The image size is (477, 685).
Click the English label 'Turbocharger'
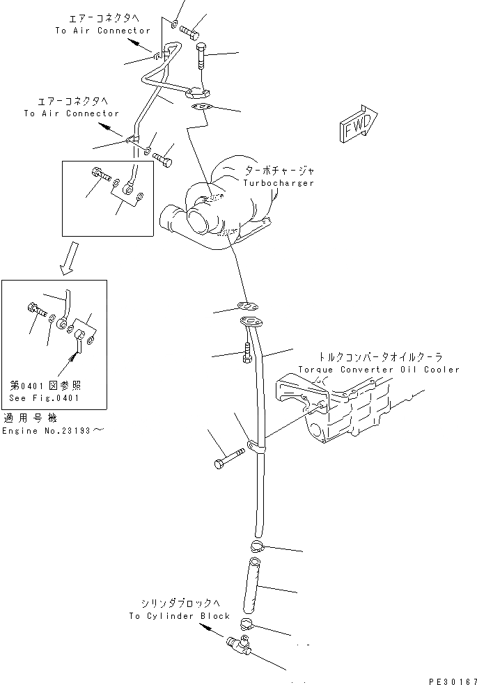coord(279,183)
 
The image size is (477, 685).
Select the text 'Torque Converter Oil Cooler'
coord(379,369)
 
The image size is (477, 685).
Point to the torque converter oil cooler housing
coord(341,411)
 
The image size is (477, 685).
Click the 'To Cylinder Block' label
coord(179,616)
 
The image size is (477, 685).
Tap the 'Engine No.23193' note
coord(52,431)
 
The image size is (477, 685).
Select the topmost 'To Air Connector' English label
coord(102,31)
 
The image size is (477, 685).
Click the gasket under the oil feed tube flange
coord(203,107)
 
